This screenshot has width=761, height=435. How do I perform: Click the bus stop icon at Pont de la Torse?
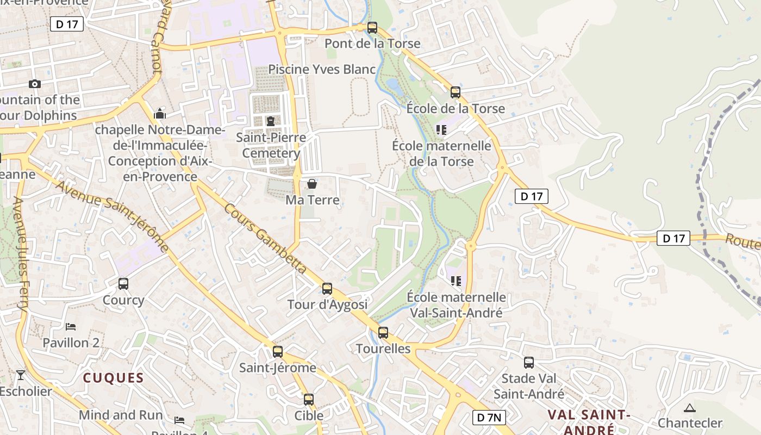[x=372, y=27]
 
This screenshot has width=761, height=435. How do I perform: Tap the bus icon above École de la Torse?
[x=456, y=92]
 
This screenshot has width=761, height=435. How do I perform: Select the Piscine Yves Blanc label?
[x=322, y=69]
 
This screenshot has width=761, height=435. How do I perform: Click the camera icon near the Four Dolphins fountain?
[x=35, y=84]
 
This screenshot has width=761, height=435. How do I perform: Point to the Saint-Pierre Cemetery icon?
[x=270, y=120]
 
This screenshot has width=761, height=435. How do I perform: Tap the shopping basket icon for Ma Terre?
[x=312, y=184]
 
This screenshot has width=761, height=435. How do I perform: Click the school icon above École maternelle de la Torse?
[x=441, y=129]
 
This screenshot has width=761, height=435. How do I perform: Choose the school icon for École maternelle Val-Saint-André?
[x=456, y=281]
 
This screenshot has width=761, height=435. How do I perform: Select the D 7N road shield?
[x=489, y=418]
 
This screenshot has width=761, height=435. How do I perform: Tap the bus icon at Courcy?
[x=123, y=283]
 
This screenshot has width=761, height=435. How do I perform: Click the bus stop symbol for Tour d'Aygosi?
[x=327, y=288]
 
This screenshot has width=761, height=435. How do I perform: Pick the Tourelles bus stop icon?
[x=383, y=332]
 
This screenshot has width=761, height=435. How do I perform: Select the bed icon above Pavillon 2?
[x=71, y=326]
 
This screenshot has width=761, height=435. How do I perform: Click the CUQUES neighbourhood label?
[x=113, y=378]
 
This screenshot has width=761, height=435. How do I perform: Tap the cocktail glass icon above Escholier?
[x=21, y=375]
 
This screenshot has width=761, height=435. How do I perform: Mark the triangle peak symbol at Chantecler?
[x=690, y=407]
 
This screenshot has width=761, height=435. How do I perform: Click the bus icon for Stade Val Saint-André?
[x=529, y=362]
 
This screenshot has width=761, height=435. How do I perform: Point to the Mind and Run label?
[x=121, y=415]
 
